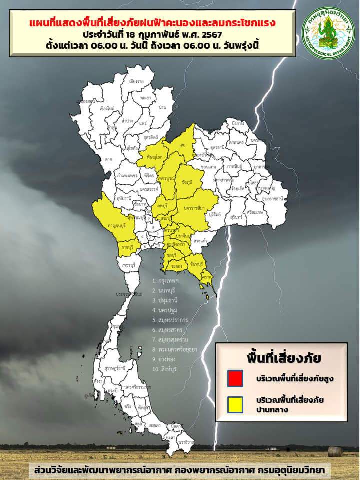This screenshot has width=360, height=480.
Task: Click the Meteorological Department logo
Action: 328,33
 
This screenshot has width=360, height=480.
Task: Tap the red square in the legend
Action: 235,378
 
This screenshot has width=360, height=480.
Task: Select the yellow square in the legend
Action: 235,404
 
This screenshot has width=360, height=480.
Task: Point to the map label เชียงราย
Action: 137,81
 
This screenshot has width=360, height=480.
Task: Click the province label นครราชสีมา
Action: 195,207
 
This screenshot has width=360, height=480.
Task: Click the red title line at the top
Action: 153,23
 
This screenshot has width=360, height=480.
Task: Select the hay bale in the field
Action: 335,451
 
